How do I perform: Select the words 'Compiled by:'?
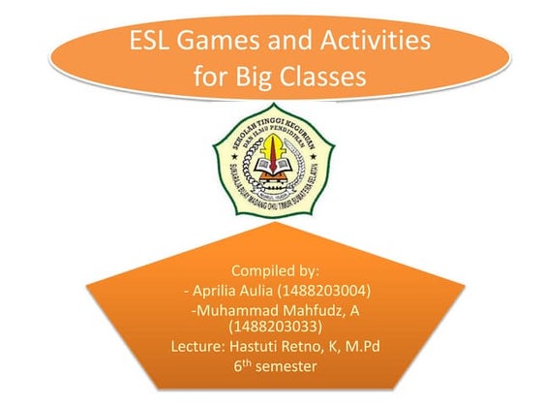271,269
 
